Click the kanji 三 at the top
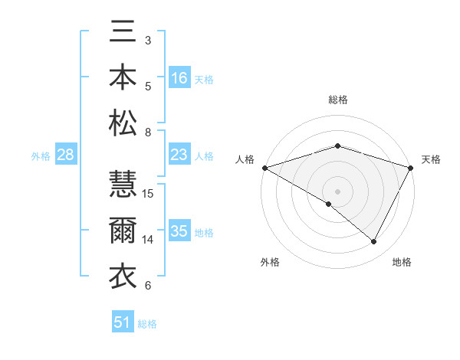point(123,33)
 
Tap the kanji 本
point(123,77)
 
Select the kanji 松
point(123,123)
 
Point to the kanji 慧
point(123,185)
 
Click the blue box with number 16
point(179,78)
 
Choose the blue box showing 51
point(123,322)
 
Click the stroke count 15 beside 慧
point(149,193)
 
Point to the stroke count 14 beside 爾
point(149,240)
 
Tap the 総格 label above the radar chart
point(338,100)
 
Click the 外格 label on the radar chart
point(270,262)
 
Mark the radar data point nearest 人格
point(264,167)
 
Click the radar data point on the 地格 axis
point(374,241)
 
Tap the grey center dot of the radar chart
point(338,191)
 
